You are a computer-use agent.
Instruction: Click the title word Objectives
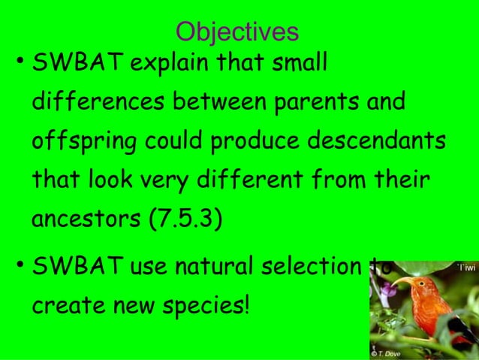[x=236, y=32]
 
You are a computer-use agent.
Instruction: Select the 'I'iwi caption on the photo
[x=465, y=267]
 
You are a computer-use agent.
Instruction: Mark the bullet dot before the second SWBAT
[x=19, y=266]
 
